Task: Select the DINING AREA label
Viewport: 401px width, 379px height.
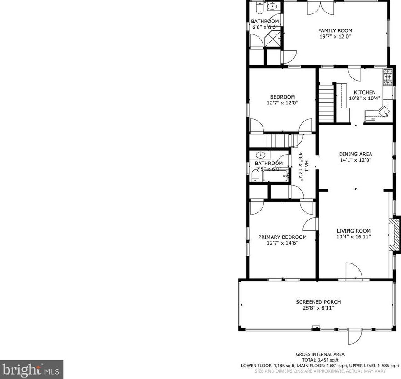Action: click(x=355, y=154)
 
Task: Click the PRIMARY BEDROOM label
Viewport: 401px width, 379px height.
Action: click(x=282, y=237)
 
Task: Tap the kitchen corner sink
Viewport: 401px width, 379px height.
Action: click(x=384, y=111)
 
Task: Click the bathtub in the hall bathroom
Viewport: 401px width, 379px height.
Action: click(x=274, y=176)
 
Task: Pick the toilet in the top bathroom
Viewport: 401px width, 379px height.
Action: click(x=259, y=8)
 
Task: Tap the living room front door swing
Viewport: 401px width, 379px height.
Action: click(x=353, y=271)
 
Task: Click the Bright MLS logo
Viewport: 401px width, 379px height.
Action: click(x=31, y=370)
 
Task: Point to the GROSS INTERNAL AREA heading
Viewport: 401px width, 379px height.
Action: click(x=319, y=354)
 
